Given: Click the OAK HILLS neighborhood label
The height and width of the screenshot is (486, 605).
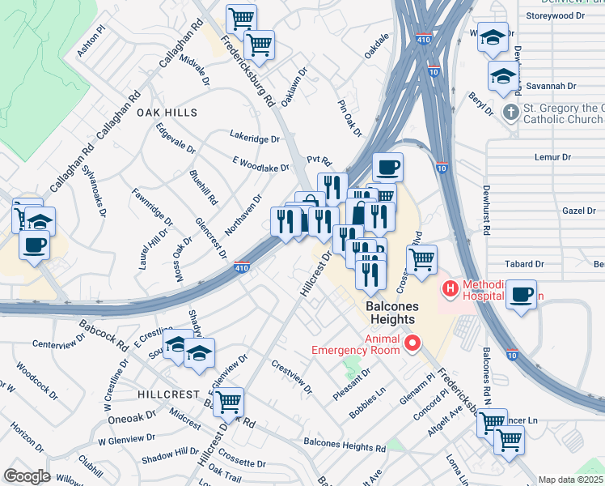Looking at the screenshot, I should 167,113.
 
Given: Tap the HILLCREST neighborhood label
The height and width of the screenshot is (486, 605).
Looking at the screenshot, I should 167,394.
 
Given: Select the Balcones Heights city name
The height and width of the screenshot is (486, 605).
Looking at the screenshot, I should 402,313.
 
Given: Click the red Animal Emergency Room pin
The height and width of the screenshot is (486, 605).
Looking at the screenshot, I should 412,344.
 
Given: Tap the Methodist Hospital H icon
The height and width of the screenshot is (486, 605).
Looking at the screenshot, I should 448,288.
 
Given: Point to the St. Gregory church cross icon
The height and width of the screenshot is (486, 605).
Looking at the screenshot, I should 510,111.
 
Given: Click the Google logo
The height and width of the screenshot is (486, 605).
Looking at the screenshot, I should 27,476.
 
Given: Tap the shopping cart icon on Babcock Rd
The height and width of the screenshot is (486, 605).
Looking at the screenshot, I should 229,400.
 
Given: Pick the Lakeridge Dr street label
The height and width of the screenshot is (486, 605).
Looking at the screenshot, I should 254,139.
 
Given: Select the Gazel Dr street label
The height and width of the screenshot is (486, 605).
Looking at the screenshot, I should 578,210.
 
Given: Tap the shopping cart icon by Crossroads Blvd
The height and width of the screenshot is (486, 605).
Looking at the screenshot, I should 421,260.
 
